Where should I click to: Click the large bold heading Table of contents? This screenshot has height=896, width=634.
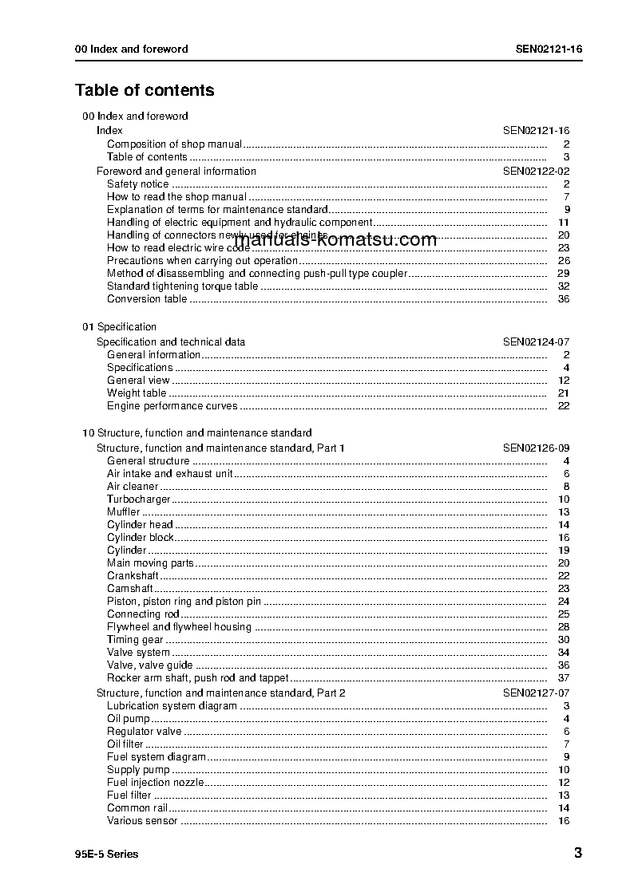click(145, 90)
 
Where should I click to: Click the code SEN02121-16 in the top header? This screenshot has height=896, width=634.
click(549, 49)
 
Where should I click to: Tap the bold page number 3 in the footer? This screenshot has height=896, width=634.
click(577, 853)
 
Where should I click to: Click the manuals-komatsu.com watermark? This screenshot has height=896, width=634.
click(335, 239)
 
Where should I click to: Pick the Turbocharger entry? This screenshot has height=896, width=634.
click(138, 499)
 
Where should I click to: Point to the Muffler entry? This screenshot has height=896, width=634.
click(123, 512)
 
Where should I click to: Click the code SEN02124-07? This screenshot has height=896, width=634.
click(536, 341)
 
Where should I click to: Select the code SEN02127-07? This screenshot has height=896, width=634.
click(536, 693)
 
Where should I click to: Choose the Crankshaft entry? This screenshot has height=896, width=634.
click(133, 576)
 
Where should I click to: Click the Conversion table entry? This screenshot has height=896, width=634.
click(147, 299)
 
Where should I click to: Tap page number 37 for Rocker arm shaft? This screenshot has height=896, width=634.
click(564, 678)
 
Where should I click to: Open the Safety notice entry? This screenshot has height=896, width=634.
click(137, 184)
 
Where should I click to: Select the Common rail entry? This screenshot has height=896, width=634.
click(137, 808)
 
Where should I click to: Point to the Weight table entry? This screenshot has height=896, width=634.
click(137, 393)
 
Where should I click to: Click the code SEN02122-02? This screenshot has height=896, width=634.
click(536, 171)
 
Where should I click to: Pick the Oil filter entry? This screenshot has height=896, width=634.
click(125, 744)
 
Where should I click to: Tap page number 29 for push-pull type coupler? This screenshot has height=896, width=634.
click(564, 274)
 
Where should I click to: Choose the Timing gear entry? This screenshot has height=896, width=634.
click(135, 640)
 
